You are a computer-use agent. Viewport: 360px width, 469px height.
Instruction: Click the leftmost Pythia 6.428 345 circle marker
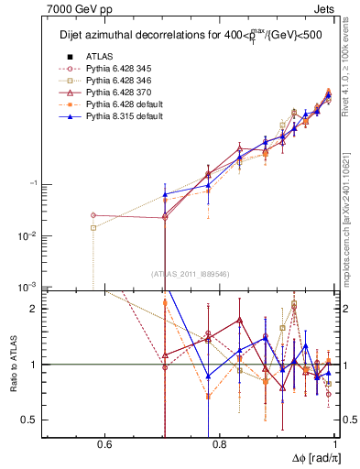[93, 215]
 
